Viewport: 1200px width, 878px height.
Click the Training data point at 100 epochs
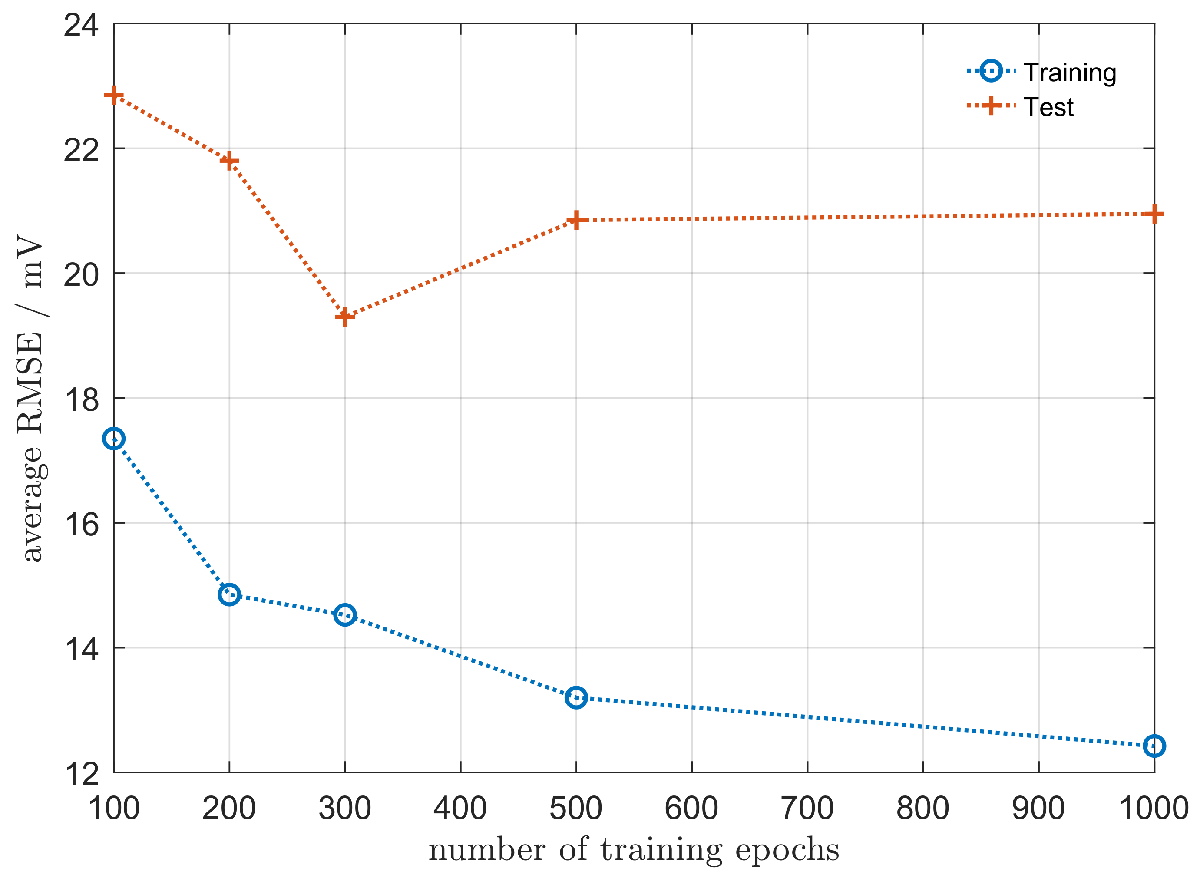pyautogui.click(x=114, y=439)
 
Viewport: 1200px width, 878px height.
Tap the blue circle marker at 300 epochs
pyautogui.click(x=345, y=615)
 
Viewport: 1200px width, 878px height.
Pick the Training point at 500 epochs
pyautogui.click(x=576, y=697)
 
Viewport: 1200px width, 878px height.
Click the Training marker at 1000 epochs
pyautogui.click(x=1154, y=746)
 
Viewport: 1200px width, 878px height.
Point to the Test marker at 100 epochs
pyautogui.click(x=114, y=96)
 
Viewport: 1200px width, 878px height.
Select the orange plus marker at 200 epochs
pyautogui.click(x=229, y=161)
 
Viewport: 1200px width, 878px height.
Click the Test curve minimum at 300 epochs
pyautogui.click(x=345, y=317)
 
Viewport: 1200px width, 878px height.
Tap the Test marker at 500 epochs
pyautogui.click(x=576, y=220)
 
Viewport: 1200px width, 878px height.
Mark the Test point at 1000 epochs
pyautogui.click(x=1154, y=214)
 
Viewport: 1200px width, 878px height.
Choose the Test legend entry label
pyautogui.click(x=1048, y=107)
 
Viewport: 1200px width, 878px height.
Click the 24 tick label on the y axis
pyautogui.click(x=81, y=26)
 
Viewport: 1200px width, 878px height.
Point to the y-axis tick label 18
pyautogui.click(x=81, y=399)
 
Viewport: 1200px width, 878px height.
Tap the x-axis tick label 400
pyautogui.click(x=460, y=809)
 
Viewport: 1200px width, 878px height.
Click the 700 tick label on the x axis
pyautogui.click(x=807, y=809)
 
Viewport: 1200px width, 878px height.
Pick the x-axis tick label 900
pyautogui.click(x=1038, y=809)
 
